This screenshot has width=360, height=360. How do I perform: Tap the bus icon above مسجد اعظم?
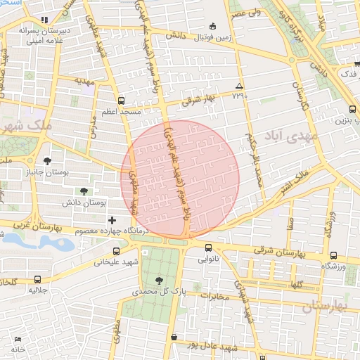click(x=121, y=101)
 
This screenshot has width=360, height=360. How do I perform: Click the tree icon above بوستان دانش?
click(x=84, y=191)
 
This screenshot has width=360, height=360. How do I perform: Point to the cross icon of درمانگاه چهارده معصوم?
click(x=112, y=221)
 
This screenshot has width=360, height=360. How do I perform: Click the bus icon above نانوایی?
click(x=208, y=247)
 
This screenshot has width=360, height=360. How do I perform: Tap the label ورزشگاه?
click(x=334, y=266)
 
